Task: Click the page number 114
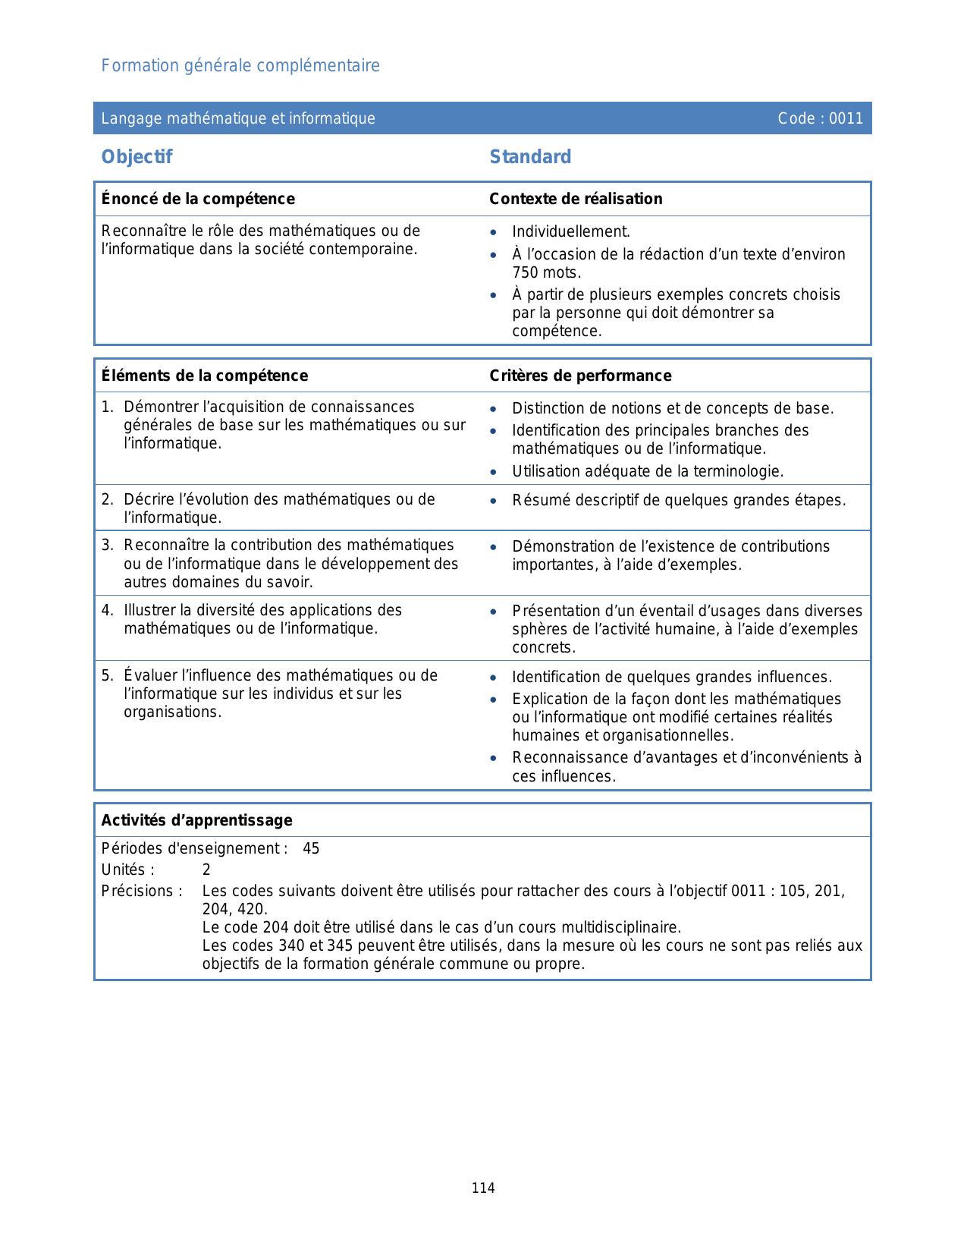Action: coord(483,1188)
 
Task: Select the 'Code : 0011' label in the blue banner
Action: coord(820,118)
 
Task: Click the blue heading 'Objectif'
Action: coord(137,157)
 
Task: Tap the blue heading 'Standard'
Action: coord(530,157)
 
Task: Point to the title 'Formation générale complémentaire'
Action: coord(240,66)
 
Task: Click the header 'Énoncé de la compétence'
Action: coord(198,199)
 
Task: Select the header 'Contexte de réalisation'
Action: coord(576,199)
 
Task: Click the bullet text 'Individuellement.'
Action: coord(571,232)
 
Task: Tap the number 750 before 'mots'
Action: coord(525,273)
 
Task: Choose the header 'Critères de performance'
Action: coord(580,376)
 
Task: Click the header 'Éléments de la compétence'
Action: coord(205,376)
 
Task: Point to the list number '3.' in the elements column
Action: coord(108,546)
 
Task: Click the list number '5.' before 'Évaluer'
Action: coord(108,676)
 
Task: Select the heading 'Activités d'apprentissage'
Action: coord(197,820)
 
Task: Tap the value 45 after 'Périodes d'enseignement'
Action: coord(311,849)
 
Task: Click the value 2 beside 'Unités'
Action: coord(206,870)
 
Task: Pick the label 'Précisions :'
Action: coord(142,892)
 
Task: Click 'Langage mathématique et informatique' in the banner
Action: coord(238,118)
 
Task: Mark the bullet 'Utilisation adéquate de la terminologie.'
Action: coord(648,472)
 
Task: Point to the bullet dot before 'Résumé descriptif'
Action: coord(494,502)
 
